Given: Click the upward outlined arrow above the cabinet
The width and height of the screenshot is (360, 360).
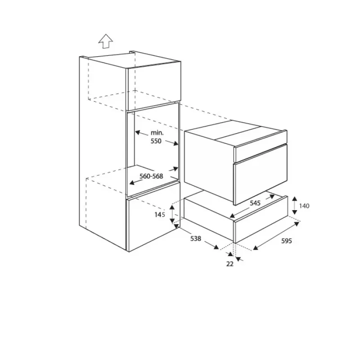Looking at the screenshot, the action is click(x=106, y=41).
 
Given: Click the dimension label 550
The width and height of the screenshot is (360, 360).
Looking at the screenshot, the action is click(x=156, y=141).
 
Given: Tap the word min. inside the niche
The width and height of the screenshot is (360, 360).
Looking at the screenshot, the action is click(x=157, y=133).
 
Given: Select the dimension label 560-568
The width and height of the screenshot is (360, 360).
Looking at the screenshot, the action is click(x=151, y=176).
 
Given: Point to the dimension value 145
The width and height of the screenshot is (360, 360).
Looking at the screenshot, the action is click(x=160, y=215).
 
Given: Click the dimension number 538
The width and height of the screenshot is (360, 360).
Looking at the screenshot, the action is click(x=196, y=239).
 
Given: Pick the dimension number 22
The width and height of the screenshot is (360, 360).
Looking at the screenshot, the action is click(x=230, y=264).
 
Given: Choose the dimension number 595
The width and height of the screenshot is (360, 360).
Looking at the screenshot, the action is click(x=287, y=241).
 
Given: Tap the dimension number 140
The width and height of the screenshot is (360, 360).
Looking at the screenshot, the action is click(x=304, y=206).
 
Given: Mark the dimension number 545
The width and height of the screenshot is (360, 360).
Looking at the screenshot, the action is click(x=255, y=203).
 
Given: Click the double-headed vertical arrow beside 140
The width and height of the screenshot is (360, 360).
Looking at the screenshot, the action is click(x=295, y=206).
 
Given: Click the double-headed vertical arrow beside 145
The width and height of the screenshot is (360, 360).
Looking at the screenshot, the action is click(x=172, y=214).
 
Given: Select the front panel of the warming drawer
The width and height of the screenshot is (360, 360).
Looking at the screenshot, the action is click(x=261, y=219).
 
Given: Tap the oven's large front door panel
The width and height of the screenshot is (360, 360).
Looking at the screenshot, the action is click(x=260, y=175).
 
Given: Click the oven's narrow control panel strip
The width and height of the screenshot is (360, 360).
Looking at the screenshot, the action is click(x=260, y=146).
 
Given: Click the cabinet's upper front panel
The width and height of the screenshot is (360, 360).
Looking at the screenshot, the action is click(x=153, y=86).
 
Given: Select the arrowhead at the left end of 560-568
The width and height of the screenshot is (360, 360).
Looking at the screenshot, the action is click(x=132, y=183).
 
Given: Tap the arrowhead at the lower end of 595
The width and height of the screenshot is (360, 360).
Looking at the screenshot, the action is click(x=256, y=247).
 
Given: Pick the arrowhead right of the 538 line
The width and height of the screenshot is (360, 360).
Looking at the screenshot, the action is click(x=216, y=247).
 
